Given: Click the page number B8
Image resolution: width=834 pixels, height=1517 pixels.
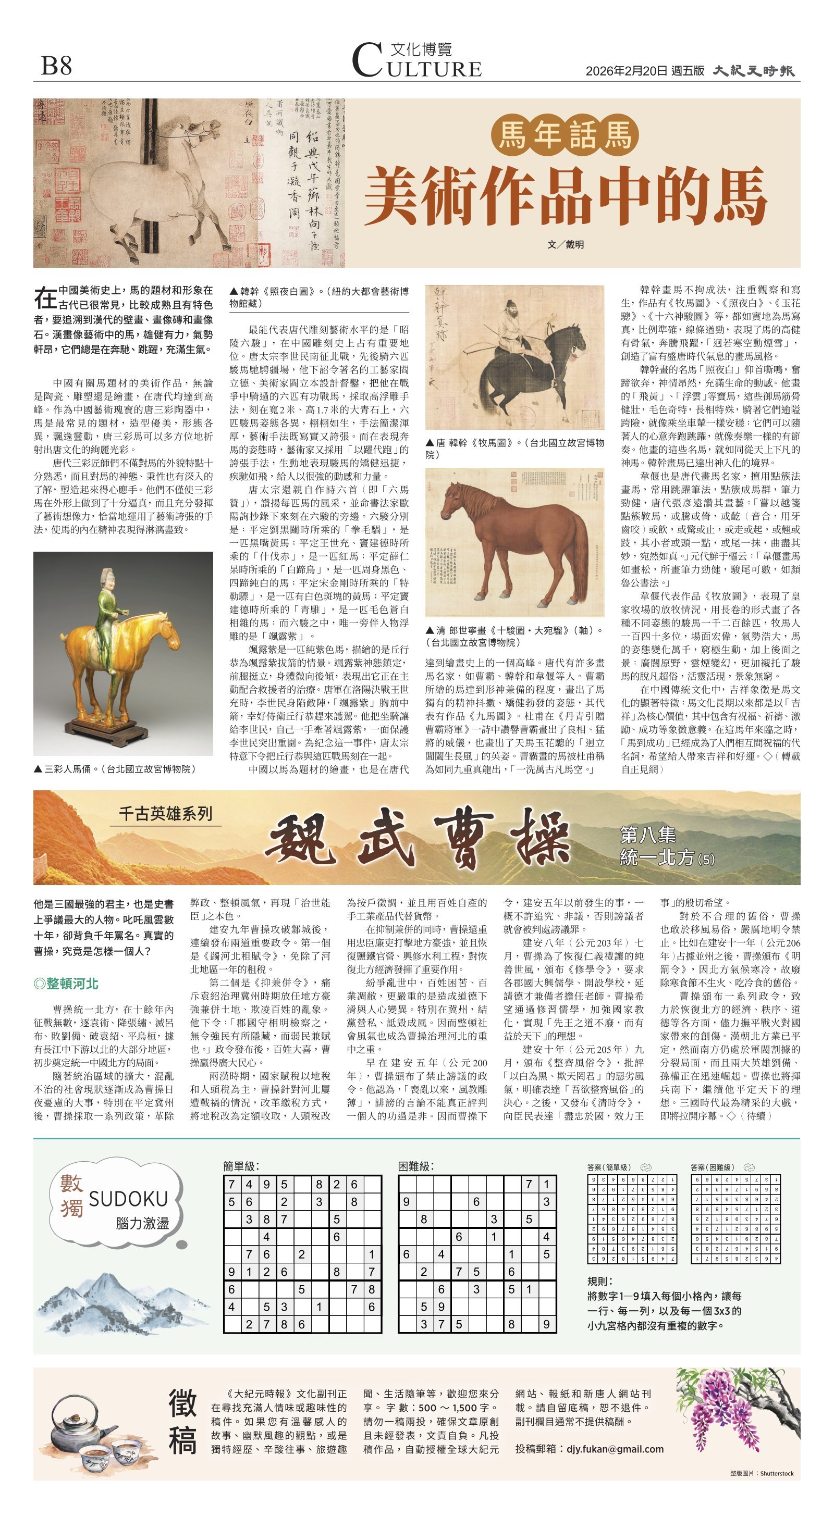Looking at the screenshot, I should pos(57,65).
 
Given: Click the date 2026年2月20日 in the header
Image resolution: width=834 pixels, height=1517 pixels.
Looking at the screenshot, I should pos(627,71).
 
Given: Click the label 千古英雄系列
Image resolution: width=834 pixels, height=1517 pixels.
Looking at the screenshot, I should pos(166,813).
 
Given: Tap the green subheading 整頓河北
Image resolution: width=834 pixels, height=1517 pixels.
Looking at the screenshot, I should pos(66,983).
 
